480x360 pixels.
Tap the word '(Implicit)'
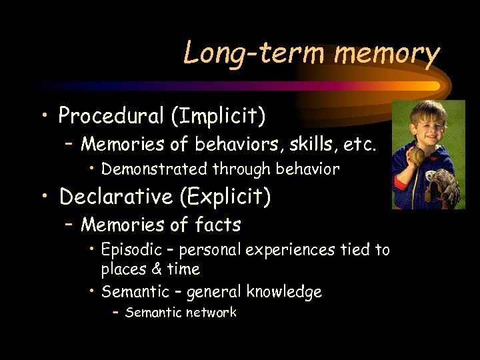(219, 116)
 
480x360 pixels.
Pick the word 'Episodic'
(131, 250)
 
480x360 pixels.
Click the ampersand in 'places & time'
(158, 269)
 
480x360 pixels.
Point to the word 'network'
(211, 313)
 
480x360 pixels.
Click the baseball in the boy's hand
(417, 155)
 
